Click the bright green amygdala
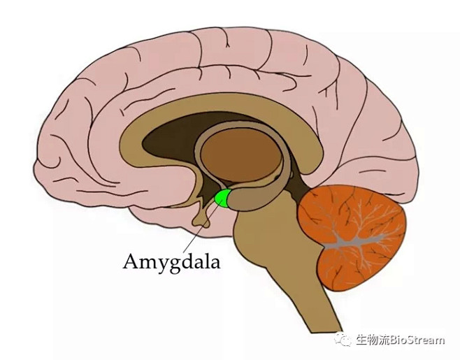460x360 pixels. click(222, 199)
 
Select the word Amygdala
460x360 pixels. click(171, 261)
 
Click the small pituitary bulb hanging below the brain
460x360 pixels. click(201, 221)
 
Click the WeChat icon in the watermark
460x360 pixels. click(343, 340)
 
